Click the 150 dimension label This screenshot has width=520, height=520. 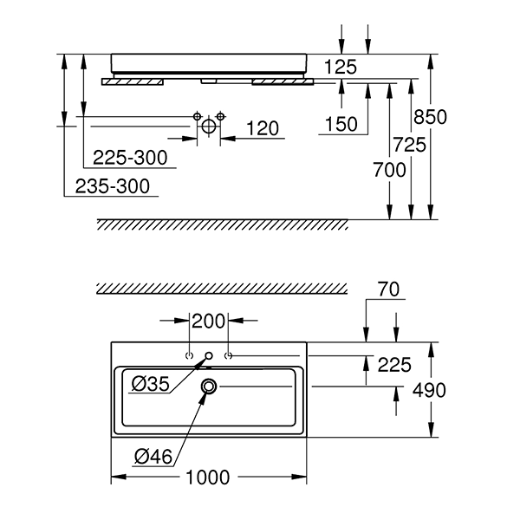[x=341, y=125]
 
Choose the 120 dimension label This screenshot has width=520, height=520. [x=262, y=129]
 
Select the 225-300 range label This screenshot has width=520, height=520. [x=130, y=159]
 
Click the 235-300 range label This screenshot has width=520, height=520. [x=112, y=185]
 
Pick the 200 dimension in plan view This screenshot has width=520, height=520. [x=208, y=322]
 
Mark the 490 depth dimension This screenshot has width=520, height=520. [x=428, y=391]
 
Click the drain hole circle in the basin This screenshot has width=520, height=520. [x=209, y=387]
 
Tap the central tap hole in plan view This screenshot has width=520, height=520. [x=208, y=356]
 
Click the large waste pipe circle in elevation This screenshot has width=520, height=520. [x=208, y=127]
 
